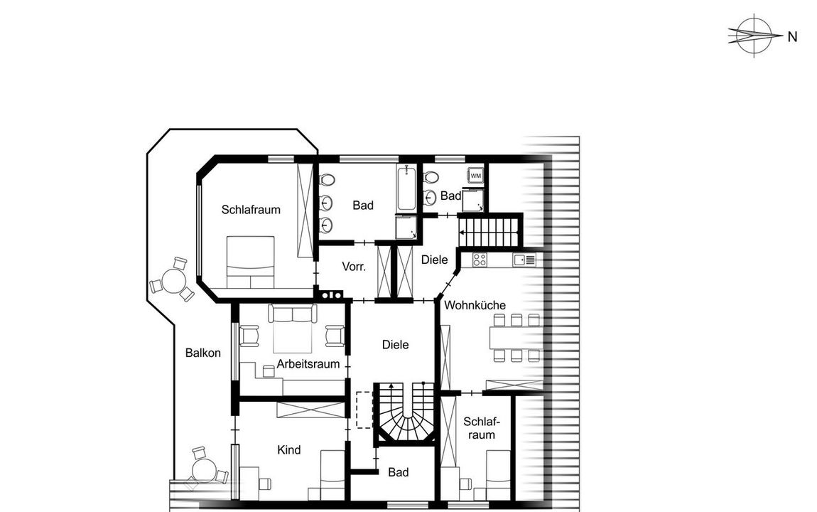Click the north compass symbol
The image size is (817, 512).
754,36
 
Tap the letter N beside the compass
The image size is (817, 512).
793,37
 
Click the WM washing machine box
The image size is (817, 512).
476,176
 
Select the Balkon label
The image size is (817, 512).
202,353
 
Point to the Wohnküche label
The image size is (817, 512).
475,305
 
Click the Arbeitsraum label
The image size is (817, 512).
308,364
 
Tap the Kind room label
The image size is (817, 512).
288,450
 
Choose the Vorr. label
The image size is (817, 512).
354,267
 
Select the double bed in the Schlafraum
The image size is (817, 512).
250,262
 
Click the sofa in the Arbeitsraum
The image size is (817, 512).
293,314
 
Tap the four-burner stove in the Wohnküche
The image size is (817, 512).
480,260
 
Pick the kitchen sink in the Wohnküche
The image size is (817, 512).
524,260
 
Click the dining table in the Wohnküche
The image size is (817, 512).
515,337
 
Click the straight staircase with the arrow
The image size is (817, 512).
489,232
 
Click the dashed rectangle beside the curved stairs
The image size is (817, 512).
364,410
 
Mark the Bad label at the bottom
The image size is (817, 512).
398,472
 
